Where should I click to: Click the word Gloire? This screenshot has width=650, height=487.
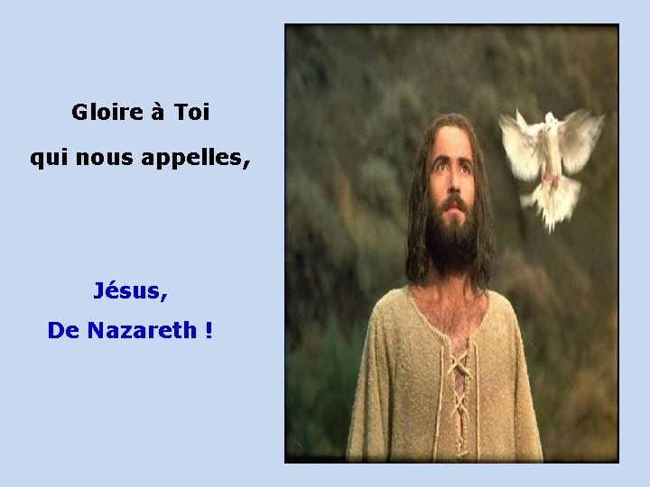click(x=107, y=113)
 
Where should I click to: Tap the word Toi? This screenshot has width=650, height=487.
click(x=191, y=113)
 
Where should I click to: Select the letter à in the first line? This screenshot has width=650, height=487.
click(x=158, y=113)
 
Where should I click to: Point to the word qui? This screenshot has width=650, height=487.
click(x=47, y=160)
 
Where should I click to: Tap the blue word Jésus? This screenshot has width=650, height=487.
click(x=130, y=291)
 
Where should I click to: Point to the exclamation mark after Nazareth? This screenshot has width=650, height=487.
click(x=209, y=331)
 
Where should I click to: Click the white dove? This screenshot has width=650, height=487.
click(x=550, y=162)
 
